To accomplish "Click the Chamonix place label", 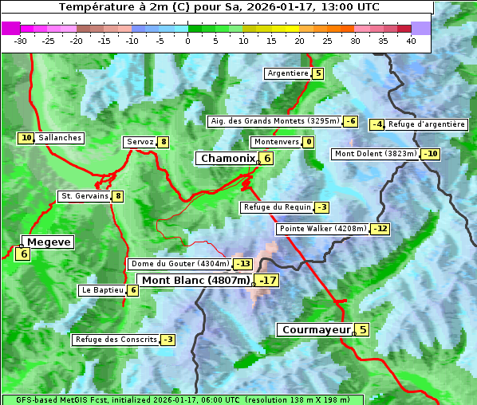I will tap(227, 159).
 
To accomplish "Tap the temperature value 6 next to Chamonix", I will tap(268, 159).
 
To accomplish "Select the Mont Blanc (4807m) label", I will tap(195, 280).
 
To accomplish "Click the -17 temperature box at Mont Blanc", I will tap(267, 281).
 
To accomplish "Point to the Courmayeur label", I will tap(316, 329).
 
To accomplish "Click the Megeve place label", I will tap(49, 242).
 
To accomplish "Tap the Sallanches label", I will tap(59, 138).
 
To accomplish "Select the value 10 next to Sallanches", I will tap(26, 138).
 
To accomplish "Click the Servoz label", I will tap(140, 142).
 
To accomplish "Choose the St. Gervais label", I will tap(85, 196).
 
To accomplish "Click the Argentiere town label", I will tap(288, 73).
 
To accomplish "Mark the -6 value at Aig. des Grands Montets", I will tap(351, 121).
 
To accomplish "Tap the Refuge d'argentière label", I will tap(427, 124).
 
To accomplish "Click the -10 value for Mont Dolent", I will tap(431, 154).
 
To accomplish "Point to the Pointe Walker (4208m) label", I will tap(323, 229).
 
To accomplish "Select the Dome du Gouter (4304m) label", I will tap(179, 264).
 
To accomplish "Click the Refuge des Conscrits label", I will tap(116, 340).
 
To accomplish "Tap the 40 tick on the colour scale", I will tap(411, 40).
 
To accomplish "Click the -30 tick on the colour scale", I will tap(21, 40).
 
